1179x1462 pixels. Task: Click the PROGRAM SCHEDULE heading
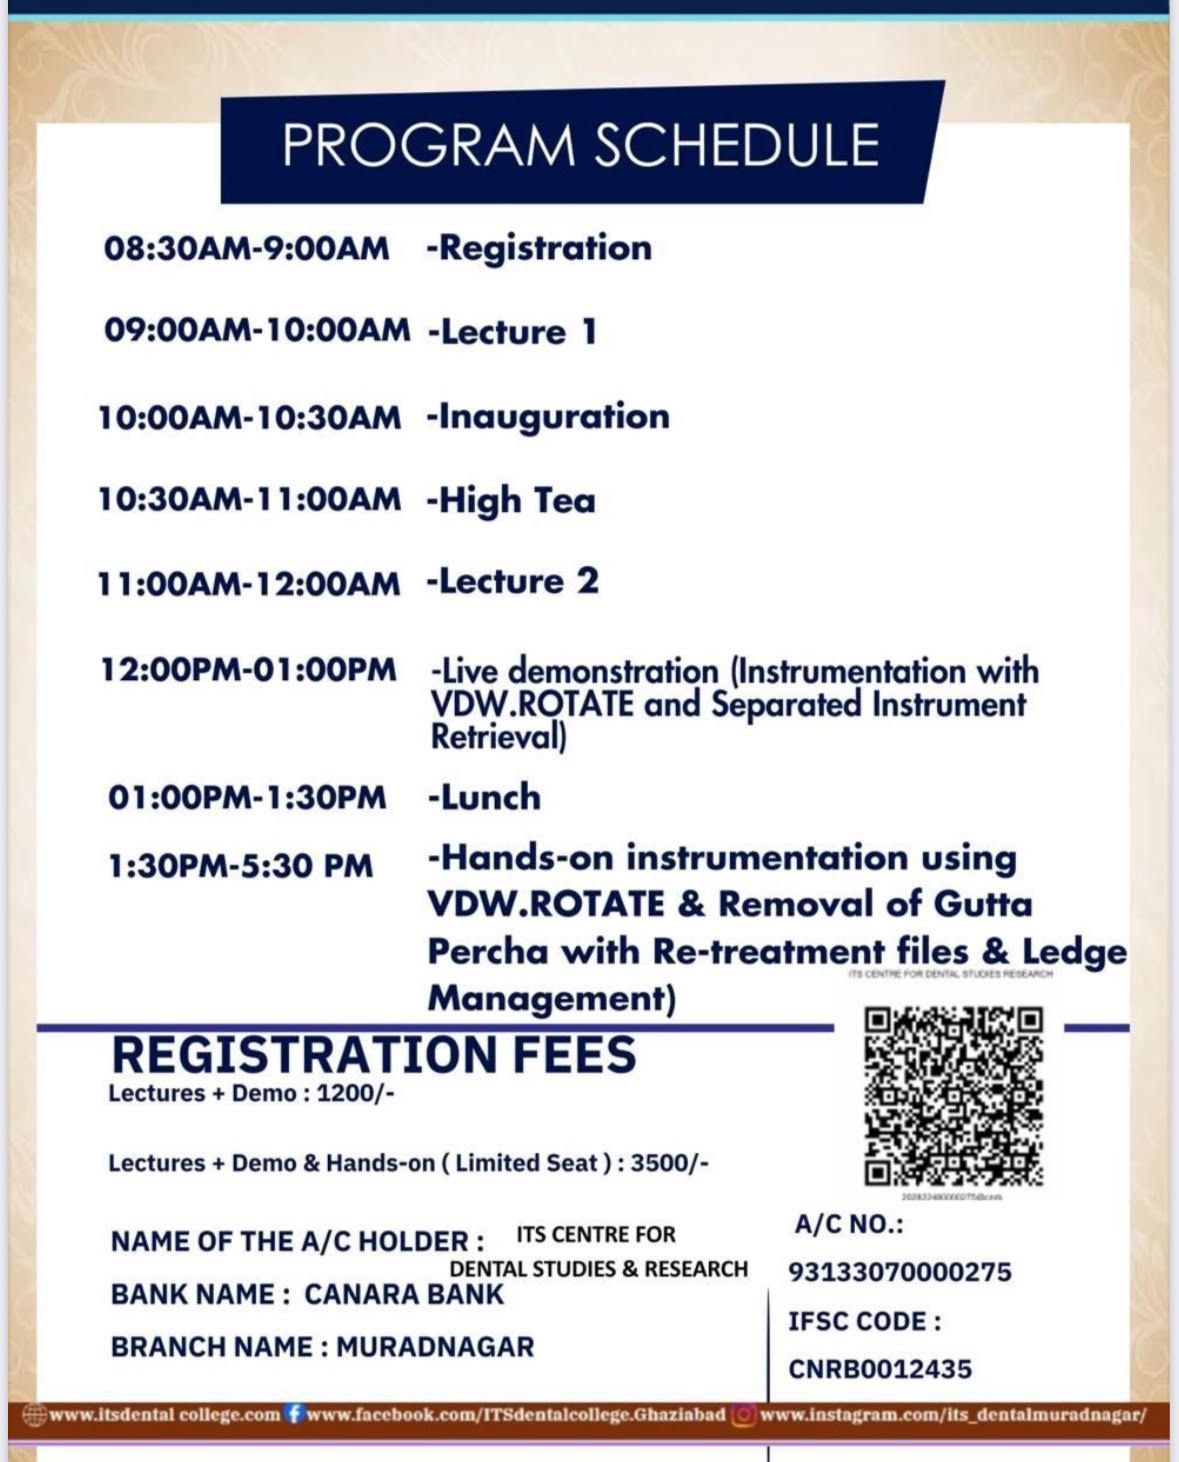(580, 145)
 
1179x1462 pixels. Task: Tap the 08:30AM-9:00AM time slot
(246, 249)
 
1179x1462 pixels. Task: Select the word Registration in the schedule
(545, 248)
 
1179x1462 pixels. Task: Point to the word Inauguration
(554, 416)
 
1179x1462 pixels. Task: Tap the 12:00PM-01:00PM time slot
(248, 669)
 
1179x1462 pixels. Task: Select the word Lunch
(490, 797)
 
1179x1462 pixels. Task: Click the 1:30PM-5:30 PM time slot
(240, 865)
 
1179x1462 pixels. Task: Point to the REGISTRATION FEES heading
(373, 1055)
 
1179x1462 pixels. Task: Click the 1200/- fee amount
(355, 1093)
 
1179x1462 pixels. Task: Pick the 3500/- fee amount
(669, 1163)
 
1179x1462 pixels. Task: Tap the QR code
(953, 1096)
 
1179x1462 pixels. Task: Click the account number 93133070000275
(899, 1272)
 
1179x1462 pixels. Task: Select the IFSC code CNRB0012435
(879, 1369)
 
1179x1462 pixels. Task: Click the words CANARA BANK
(404, 1294)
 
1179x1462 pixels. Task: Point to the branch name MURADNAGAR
(435, 1347)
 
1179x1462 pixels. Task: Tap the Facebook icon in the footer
(294, 1415)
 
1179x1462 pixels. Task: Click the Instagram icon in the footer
(743, 1415)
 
